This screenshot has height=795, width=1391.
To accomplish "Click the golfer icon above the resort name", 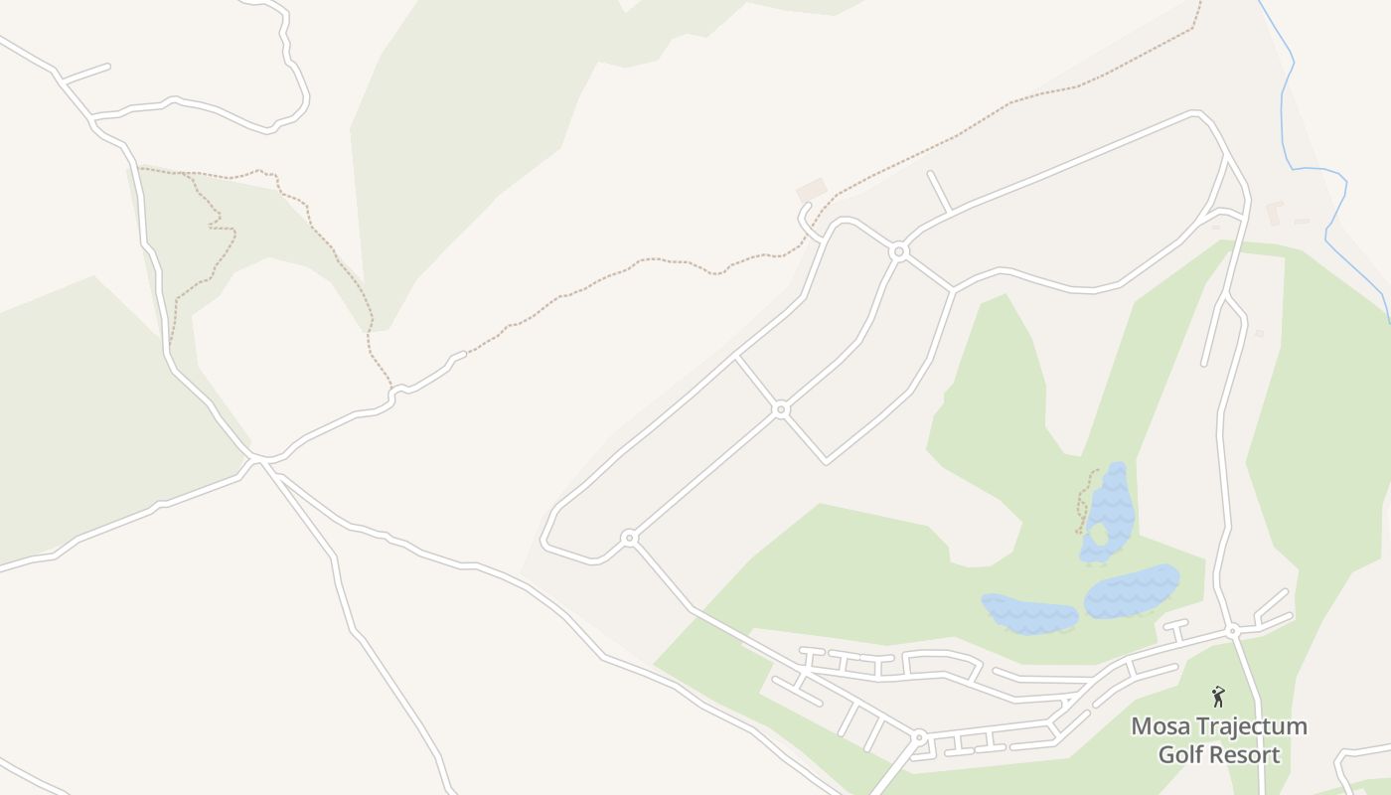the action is (x=1218, y=697).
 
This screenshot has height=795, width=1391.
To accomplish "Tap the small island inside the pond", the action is (x=1099, y=534).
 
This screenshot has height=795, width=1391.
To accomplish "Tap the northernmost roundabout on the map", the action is (x=899, y=251).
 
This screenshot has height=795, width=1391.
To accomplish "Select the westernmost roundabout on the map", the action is (x=628, y=538).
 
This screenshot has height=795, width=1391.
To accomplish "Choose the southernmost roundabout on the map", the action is (x=919, y=737).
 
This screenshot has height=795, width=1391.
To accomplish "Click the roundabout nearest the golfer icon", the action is (x=1232, y=631).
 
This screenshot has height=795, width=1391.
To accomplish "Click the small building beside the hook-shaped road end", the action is (x=812, y=189).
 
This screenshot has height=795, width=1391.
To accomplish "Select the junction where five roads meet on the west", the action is (x=258, y=459).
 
